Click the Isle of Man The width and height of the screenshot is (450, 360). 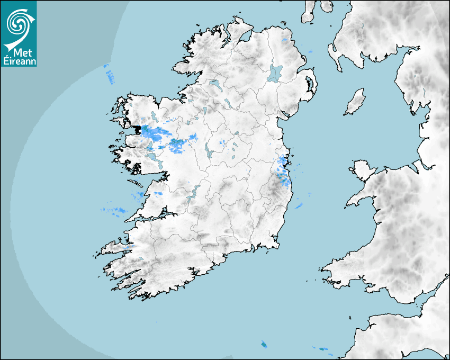(x=355, y=102)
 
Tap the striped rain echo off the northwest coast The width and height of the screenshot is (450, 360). (x=109, y=74)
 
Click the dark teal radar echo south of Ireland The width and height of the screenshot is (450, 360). (x=264, y=345)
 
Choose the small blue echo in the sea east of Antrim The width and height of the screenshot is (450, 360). (x=311, y=51)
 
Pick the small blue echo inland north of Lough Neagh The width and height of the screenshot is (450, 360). (x=284, y=40)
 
